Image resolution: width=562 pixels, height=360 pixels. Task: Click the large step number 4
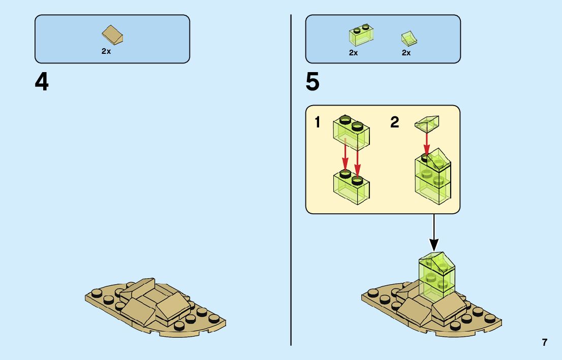click(42, 82)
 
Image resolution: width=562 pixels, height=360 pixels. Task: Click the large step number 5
click(313, 82)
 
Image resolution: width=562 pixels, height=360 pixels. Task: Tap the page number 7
click(545, 342)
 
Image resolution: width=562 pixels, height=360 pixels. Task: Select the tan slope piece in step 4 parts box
click(113, 36)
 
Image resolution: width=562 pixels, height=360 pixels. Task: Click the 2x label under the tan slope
click(106, 52)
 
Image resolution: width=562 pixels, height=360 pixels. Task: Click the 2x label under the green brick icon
click(353, 53)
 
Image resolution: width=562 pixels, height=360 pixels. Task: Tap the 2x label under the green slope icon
click(406, 53)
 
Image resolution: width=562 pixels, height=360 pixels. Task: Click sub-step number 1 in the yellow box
click(318, 122)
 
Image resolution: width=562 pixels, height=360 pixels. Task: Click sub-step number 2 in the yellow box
click(395, 122)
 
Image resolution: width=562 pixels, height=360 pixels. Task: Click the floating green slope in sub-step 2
click(428, 122)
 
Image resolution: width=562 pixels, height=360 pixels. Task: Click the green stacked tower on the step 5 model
click(436, 277)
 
